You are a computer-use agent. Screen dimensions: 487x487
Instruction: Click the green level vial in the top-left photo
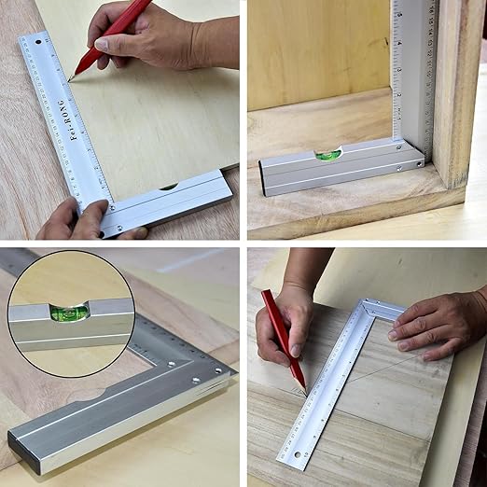[x=169, y=187]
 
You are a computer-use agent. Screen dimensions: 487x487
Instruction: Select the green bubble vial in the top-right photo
[x=327, y=155]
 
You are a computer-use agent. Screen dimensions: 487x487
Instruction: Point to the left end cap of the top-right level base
[x=265, y=179]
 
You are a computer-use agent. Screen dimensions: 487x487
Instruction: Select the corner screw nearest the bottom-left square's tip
[x=220, y=370]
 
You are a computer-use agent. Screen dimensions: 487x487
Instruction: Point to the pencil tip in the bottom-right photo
[x=304, y=390]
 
